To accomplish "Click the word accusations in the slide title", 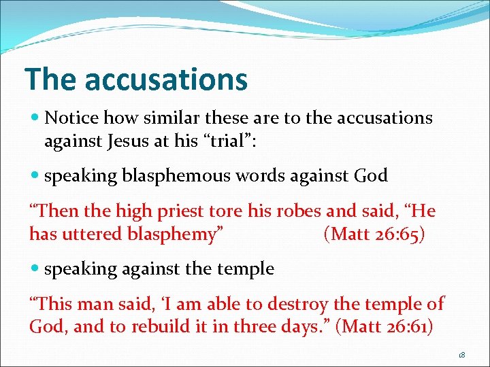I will coord(166,79).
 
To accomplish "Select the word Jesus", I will coord(132,141).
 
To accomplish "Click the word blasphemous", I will coord(178,175).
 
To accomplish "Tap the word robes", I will coord(297,211).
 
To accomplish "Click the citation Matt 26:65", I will coord(374,234).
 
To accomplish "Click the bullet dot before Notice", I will coord(35,118).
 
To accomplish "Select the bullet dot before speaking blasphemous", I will coord(35,176).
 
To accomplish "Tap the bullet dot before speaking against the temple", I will coord(35,269).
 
